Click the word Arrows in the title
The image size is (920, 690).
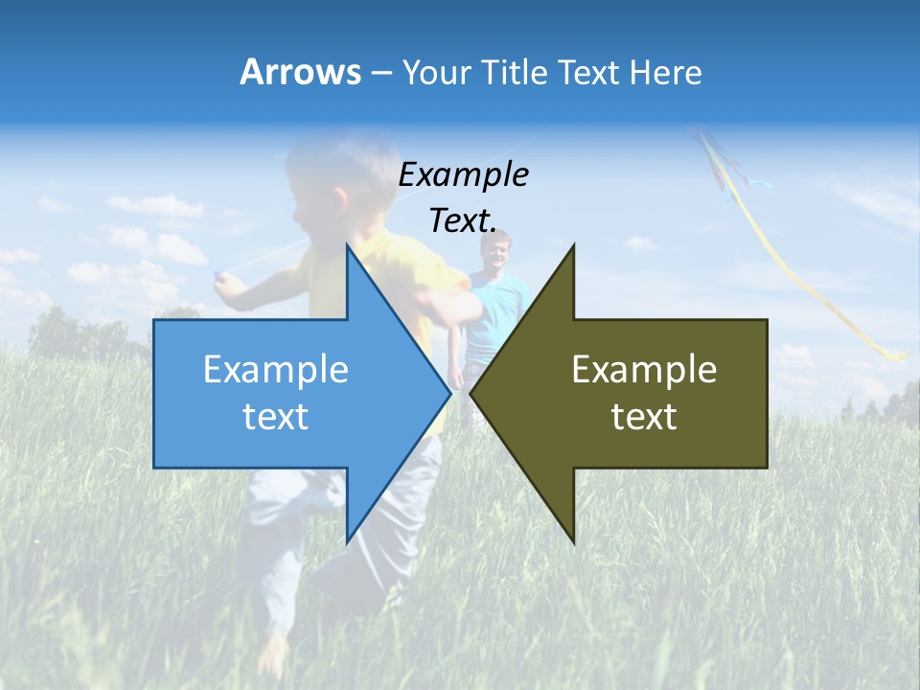coord(300,72)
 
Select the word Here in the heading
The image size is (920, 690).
coord(665,73)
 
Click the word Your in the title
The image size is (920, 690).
coord(435,73)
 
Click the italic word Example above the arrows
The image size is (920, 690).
coord(463,174)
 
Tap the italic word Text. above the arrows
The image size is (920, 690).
coord(463,220)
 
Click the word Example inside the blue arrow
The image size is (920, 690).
coord(276,370)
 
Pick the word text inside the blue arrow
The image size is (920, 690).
coord(276,417)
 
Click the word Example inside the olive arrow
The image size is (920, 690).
coord(644,370)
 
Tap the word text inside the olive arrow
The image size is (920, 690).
coord(644,417)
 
